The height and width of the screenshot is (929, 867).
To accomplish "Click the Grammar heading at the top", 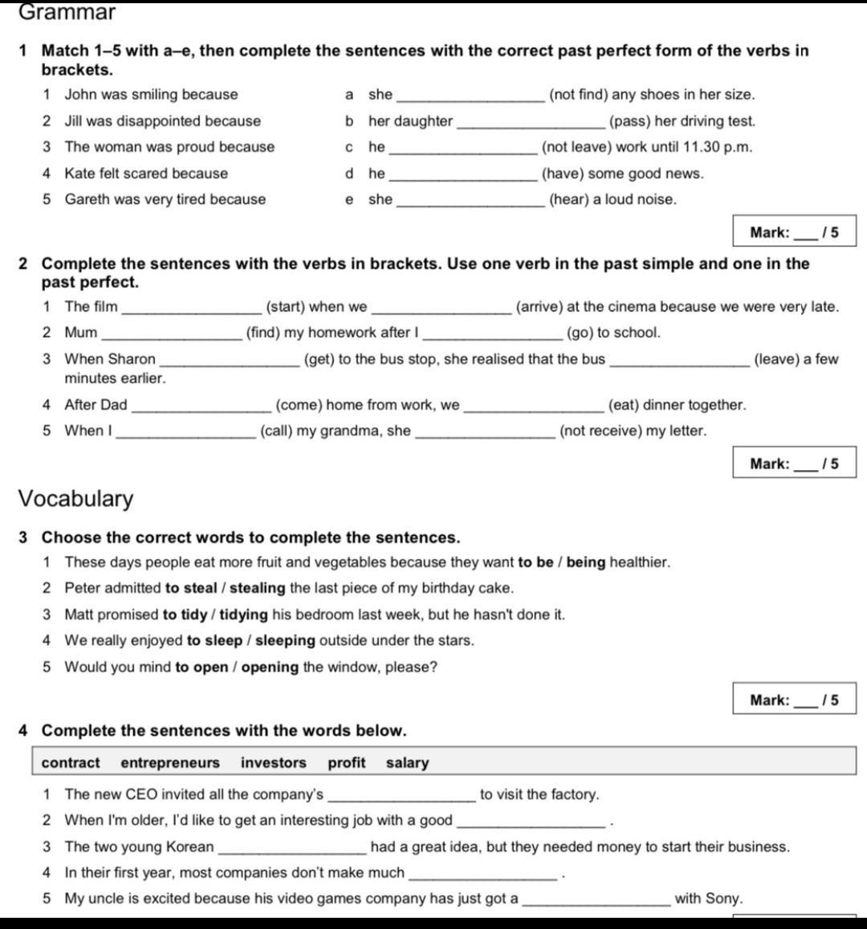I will (67, 12).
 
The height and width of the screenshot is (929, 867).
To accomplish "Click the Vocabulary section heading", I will (75, 498).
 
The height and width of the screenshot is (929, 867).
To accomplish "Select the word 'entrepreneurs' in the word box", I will (170, 763).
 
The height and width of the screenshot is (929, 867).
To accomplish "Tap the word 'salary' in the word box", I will (407, 763).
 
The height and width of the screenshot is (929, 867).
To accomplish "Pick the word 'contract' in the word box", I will (71, 763).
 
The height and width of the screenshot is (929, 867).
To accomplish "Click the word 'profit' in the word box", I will (346, 763).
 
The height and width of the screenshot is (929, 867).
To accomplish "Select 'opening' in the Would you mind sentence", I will (270, 667).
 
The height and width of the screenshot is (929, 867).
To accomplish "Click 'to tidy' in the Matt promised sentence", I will (185, 615).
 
